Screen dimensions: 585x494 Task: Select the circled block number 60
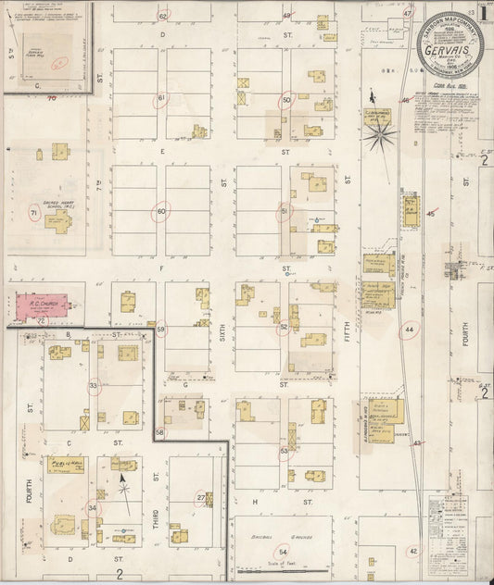pos(160,212)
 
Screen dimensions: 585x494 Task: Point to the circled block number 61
pos(161,98)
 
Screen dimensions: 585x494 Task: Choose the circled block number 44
pos(410,330)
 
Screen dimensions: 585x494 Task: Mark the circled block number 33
pos(94,385)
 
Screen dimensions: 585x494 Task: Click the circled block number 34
pos(92,507)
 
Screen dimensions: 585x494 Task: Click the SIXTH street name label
pos(223,329)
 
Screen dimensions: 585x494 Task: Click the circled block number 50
pos(287,99)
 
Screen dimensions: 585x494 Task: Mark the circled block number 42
pos(413,552)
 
